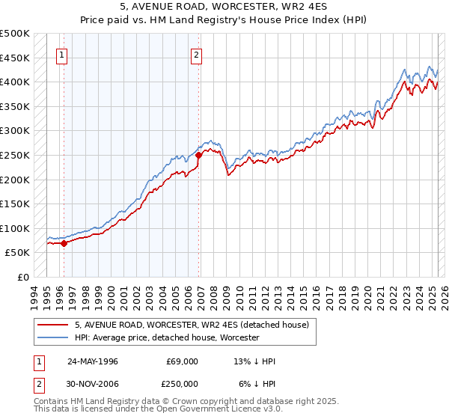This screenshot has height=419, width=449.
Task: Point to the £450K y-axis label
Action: (x=15, y=58)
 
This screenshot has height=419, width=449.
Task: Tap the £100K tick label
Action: (x=15, y=228)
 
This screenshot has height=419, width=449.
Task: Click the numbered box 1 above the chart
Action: (x=61, y=54)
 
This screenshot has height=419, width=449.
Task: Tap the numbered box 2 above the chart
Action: (x=196, y=54)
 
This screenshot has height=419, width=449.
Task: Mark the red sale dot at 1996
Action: (x=64, y=243)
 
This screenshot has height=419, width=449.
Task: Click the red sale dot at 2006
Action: (x=198, y=156)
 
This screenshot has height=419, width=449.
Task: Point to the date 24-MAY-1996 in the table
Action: (x=93, y=361)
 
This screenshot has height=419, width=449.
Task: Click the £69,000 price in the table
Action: (x=183, y=361)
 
